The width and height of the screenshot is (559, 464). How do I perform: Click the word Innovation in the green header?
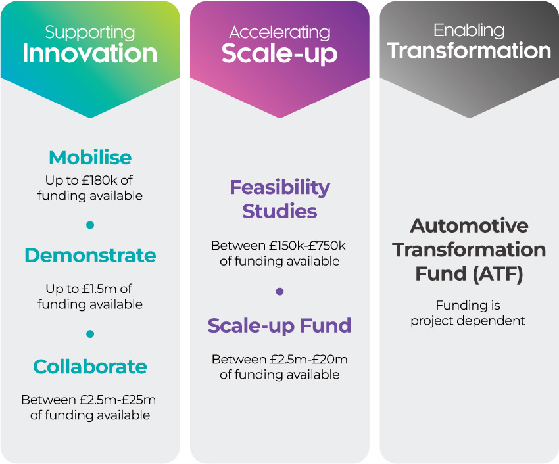(90, 53)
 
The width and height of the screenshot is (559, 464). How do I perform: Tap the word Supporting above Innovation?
(90, 32)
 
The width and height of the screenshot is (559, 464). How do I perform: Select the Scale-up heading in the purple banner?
(279, 53)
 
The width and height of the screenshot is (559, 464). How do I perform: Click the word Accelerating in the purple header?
(279, 32)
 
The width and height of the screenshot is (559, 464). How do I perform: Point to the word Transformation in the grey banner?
(469, 51)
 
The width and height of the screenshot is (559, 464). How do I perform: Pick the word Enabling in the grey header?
(469, 30)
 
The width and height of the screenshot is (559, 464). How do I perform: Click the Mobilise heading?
(90, 158)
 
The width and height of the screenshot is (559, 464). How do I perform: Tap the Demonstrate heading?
(90, 256)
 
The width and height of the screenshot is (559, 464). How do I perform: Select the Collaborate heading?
(90, 367)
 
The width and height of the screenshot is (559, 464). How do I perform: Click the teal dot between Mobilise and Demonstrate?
(90, 225)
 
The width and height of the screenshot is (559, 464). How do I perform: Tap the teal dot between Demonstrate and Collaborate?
(90, 334)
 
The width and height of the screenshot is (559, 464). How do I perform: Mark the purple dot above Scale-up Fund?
(279, 291)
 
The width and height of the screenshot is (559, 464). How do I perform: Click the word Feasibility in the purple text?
(279, 187)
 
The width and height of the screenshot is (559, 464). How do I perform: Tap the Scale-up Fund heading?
(279, 326)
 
